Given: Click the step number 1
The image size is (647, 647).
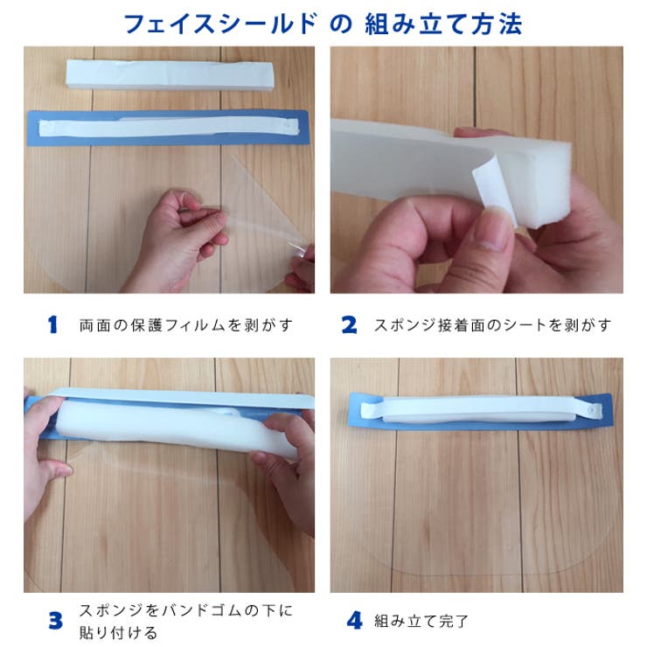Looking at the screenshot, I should pyautogui.click(x=52, y=325).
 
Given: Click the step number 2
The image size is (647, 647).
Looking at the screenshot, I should pyautogui.click(x=349, y=325).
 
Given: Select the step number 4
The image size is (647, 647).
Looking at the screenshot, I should pyautogui.click(x=354, y=622).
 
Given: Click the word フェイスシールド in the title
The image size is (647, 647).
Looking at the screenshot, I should pyautogui.click(x=219, y=24).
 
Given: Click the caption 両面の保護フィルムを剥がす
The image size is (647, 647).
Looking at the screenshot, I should pyautogui.click(x=185, y=325).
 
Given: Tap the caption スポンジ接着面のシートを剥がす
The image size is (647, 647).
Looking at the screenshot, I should pyautogui.click(x=492, y=325).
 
